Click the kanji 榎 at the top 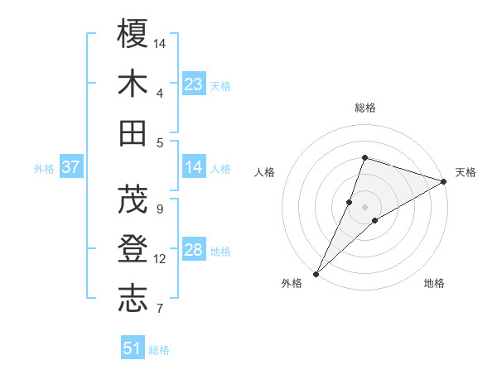tap(133, 34)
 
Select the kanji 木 tap(133, 84)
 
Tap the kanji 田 tap(133, 132)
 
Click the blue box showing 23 tap(194, 84)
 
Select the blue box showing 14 tap(194, 167)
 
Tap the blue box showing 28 tap(194, 250)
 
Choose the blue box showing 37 tap(70, 167)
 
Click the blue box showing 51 tap(133, 348)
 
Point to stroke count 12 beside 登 tap(160, 259)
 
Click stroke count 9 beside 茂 tap(160, 209)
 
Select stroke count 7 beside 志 tap(160, 309)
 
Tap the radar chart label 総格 tap(365, 108)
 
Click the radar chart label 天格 tap(466, 172)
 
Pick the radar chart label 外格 tap(291, 283)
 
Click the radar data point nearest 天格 tap(443, 181)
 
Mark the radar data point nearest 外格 tap(316, 273)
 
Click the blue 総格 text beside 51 tap(159, 350)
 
